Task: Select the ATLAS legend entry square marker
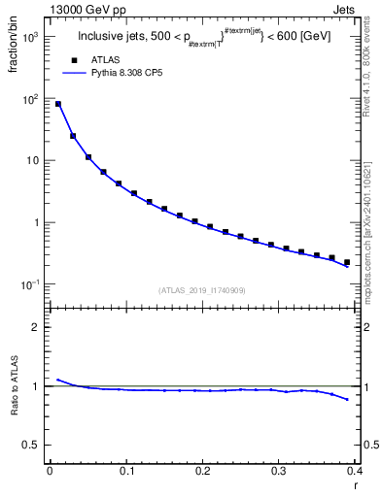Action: pyautogui.click(x=74, y=61)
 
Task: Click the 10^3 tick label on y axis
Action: pyautogui.click(x=31, y=37)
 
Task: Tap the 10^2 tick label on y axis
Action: pyautogui.click(x=31, y=99)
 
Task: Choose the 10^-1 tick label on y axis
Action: pyautogui.click(x=31, y=284)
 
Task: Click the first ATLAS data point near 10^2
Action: pyautogui.click(x=58, y=104)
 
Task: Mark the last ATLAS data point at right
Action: pyautogui.click(x=347, y=262)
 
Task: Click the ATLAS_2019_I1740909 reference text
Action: pyautogui.click(x=203, y=290)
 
